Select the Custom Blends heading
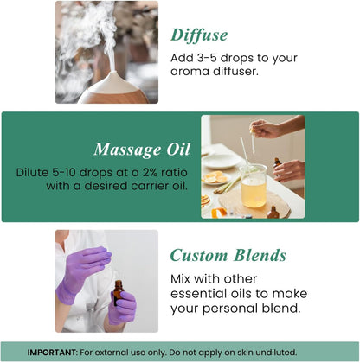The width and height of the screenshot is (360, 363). (227, 255)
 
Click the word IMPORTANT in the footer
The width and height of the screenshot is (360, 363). (61, 352)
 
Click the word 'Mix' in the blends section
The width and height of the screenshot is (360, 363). (183, 278)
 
